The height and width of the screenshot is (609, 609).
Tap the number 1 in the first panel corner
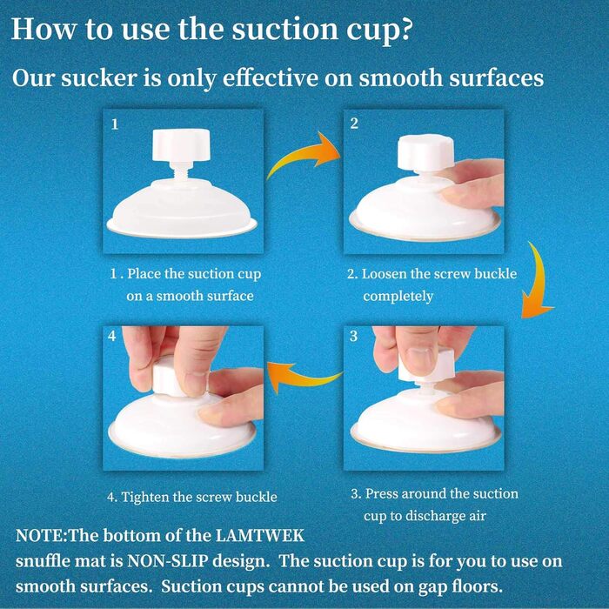115,124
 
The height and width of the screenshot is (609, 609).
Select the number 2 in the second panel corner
354,124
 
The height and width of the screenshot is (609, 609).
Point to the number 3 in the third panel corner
353,336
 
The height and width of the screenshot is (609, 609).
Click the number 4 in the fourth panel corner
112,336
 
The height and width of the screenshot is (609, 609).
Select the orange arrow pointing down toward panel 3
537,279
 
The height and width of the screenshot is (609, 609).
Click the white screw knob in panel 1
181,146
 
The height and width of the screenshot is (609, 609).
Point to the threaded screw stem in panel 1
181,171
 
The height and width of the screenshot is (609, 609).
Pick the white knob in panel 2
425,152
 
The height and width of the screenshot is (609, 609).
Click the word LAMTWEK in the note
259,536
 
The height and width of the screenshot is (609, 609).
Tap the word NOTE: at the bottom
42,536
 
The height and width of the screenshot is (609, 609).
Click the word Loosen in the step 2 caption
385,274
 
